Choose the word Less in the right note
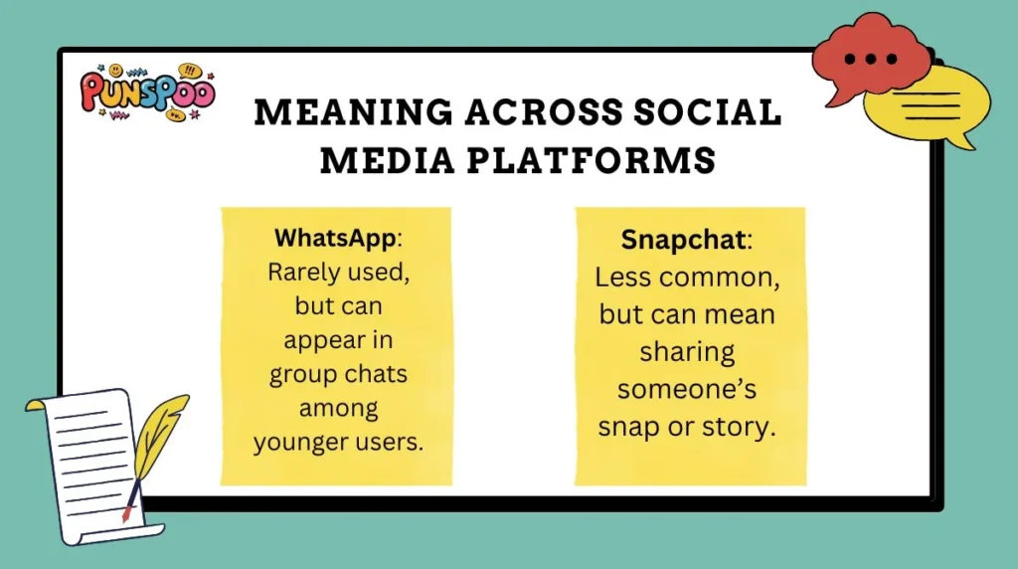coord(626,277)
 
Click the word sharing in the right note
coord(686,351)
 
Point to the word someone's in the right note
coord(686,388)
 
